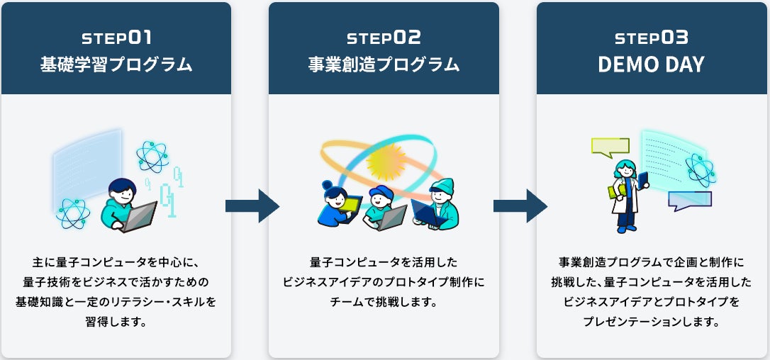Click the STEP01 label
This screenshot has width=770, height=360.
point(116,38)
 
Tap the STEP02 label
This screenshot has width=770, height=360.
point(384,38)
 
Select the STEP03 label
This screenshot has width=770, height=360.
point(652,38)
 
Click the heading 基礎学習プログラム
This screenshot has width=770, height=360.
point(116,64)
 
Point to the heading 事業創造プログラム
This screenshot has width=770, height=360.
point(384,64)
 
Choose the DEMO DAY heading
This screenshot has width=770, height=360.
point(652,64)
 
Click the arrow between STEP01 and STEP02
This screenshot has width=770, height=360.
point(252,206)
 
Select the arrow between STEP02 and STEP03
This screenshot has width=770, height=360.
point(520,206)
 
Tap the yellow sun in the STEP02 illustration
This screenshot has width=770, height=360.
point(386,161)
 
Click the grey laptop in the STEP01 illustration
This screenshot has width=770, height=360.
point(140,217)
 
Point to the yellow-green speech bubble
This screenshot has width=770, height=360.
point(610,147)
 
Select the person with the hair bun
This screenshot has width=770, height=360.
point(335,204)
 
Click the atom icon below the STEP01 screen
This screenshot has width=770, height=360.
point(73,213)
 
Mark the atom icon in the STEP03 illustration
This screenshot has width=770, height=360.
point(701,170)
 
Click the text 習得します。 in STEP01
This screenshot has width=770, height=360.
point(116,322)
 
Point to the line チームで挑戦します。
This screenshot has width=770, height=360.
point(384,301)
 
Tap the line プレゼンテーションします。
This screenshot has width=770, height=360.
point(652,322)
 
